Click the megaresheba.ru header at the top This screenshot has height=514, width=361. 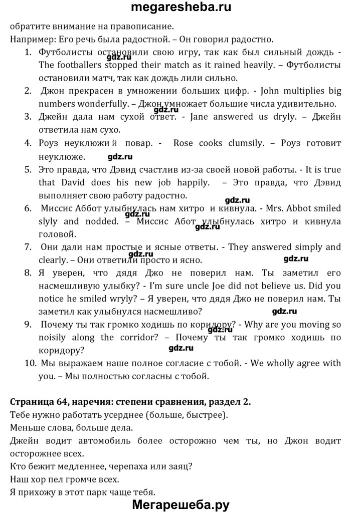(x=181, y=8)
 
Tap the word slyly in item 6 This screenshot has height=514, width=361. (x=48, y=221)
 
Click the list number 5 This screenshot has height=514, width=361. (x=28, y=169)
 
